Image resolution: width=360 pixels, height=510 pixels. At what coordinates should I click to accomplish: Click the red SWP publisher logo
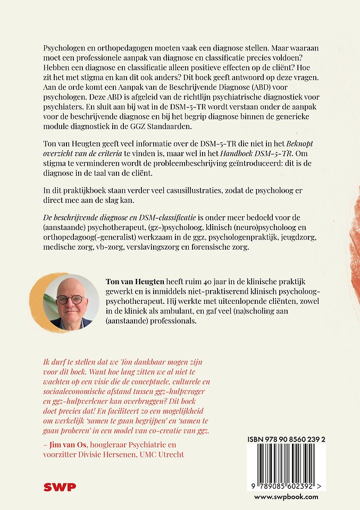(x=60, y=487)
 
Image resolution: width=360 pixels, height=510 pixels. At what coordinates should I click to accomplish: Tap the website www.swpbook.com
(x=286, y=497)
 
